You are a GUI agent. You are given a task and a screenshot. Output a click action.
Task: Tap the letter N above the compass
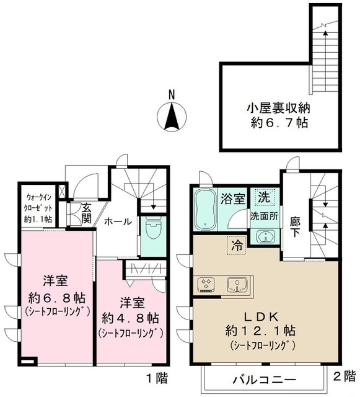(172, 95)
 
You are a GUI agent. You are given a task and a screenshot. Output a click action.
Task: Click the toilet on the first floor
(152, 233)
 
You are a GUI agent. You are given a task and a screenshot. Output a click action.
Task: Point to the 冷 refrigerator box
(237, 244)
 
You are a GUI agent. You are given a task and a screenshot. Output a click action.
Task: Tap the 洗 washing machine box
(265, 199)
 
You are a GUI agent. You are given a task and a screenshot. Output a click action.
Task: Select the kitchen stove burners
(206, 285)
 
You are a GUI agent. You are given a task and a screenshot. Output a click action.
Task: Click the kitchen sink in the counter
(236, 284)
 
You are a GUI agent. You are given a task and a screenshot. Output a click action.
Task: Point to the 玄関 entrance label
(86, 214)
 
